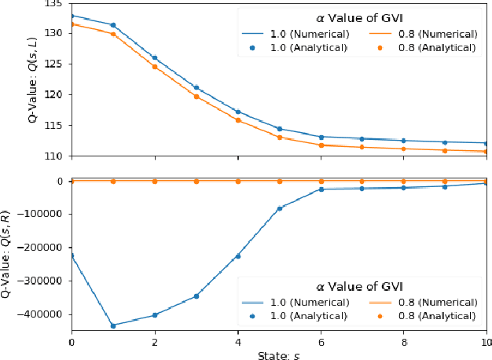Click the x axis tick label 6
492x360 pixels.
(321, 343)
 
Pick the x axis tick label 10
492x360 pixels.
(485, 343)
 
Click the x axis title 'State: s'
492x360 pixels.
(279, 355)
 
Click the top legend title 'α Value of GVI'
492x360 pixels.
(362, 17)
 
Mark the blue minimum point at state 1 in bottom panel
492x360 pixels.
(113, 325)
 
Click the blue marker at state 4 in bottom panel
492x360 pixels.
(237, 256)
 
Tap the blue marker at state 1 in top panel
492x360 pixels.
(113, 25)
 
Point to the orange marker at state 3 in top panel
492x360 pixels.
(196, 97)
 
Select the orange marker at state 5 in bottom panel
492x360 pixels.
(279, 181)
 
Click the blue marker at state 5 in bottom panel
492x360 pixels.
(279, 209)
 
